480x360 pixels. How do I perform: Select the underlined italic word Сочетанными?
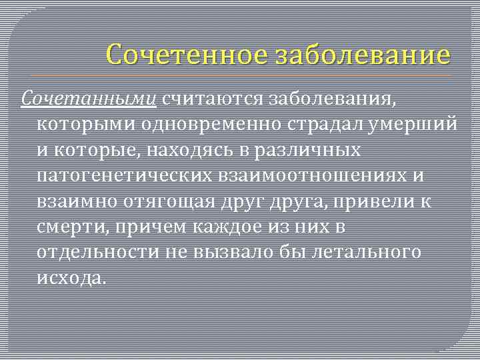89,101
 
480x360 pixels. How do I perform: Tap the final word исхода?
72,277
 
